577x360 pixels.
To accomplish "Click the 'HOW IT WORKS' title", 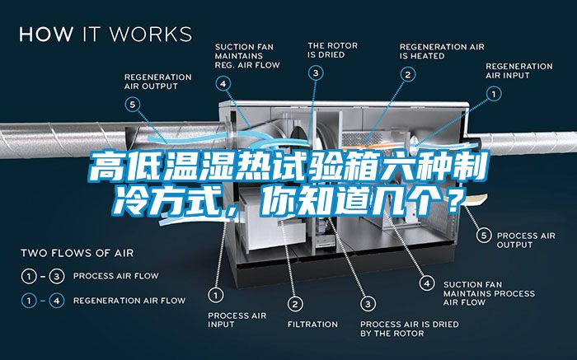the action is pos(106,34).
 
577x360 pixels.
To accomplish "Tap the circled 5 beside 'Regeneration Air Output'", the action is pos(133,105).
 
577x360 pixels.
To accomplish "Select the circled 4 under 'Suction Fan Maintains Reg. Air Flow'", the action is pos(223,83).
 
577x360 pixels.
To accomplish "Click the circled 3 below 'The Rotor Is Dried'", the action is pos(316,72).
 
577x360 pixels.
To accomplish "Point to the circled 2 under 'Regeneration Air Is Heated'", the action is pos(408,75).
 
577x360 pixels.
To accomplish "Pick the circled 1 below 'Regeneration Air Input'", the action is pos(494,94).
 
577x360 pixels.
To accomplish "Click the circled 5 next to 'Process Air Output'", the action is pos(484,235).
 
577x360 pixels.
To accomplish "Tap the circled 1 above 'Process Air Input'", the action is pos(215,295).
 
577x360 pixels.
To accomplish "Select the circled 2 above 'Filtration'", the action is pos(295,304).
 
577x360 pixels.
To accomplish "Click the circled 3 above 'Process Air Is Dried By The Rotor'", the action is pos(368,304).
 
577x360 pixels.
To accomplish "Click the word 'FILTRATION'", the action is pos(312,325).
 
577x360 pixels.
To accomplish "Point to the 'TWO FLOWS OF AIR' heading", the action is pos(77,253).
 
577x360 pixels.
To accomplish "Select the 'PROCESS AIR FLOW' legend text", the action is pos(116,276).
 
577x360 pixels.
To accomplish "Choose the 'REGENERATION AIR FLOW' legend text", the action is pos(129,301).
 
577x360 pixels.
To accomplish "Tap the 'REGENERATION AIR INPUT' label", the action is pos(518,71).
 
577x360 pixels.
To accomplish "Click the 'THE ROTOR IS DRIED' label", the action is pos(333,50).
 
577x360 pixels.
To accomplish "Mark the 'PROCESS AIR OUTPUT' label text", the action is pos(526,240).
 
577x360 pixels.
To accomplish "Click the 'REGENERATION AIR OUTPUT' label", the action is pos(158,82).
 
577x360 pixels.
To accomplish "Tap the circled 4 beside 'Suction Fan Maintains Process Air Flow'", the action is pos(427,283).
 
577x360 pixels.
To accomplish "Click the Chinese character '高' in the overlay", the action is pos(106,167).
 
